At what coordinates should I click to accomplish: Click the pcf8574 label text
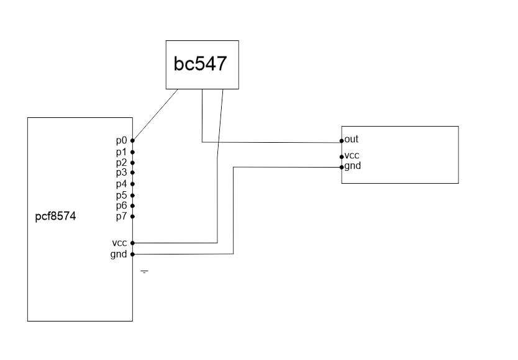[x=56, y=218]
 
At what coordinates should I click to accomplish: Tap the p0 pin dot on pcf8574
[x=133, y=141]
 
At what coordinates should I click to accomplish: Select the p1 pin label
[x=121, y=151]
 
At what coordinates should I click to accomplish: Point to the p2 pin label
[x=121, y=163]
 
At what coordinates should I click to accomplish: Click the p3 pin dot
[x=133, y=173]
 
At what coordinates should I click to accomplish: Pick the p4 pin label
[x=121, y=184]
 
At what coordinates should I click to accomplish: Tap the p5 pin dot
[x=133, y=195]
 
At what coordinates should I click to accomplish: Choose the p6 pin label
[x=121, y=205]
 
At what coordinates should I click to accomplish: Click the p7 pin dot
[x=133, y=217]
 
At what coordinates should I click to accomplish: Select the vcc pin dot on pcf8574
[x=133, y=243]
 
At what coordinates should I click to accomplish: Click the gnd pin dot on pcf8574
[x=133, y=254]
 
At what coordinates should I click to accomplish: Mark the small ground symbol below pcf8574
[x=144, y=272]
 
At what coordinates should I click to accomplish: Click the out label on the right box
[x=352, y=139]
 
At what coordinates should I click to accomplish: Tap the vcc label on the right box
[x=352, y=156]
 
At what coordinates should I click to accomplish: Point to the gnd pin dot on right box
[x=342, y=167]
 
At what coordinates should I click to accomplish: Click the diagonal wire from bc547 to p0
[x=155, y=115]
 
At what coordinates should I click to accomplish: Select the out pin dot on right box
[x=342, y=140]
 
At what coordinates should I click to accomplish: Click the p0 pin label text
[x=121, y=141]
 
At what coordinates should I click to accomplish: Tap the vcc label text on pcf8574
[x=120, y=243]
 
